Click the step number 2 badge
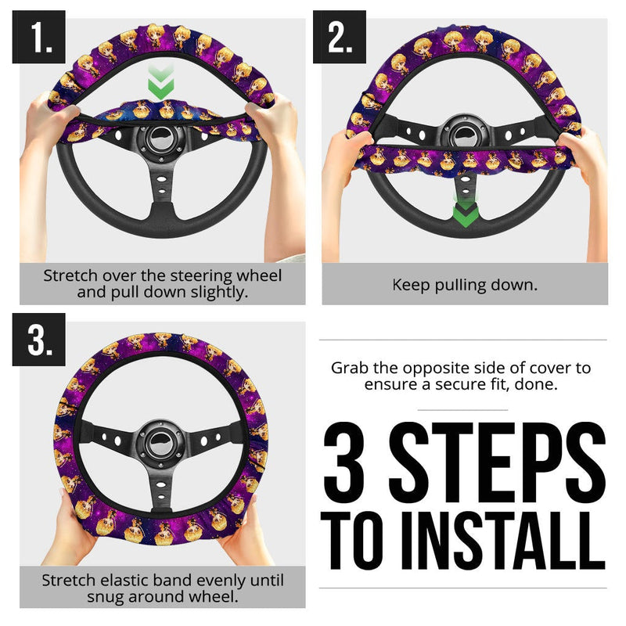[x=340, y=37]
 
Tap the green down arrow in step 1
[x=160, y=83]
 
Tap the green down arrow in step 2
[x=465, y=212]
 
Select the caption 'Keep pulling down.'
[x=465, y=284]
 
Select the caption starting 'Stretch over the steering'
[x=162, y=283]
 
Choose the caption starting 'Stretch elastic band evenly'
[x=162, y=588]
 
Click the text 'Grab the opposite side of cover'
[x=461, y=368]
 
